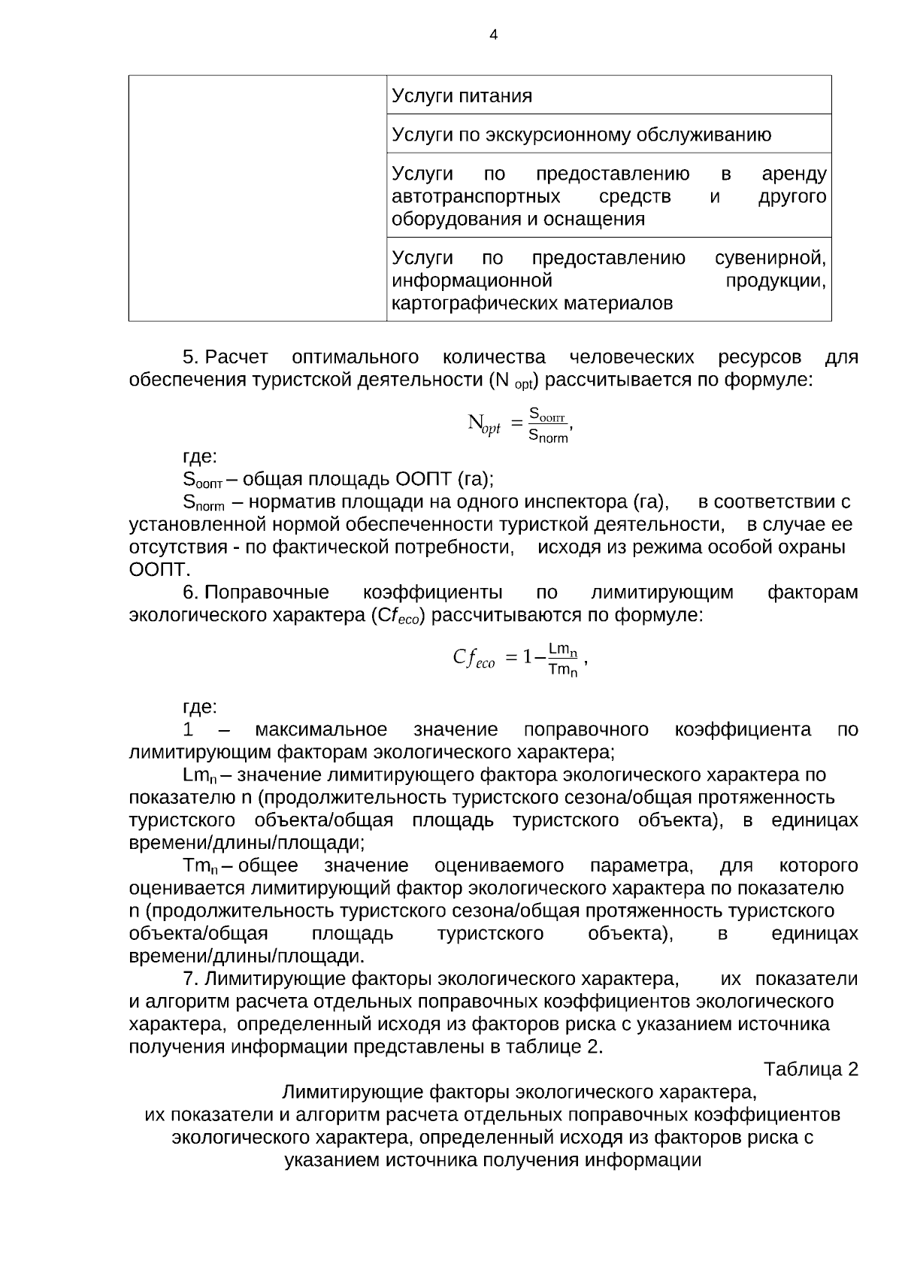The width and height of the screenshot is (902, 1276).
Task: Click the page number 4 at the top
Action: tap(493, 35)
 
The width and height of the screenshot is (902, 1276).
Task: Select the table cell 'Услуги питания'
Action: tap(462, 96)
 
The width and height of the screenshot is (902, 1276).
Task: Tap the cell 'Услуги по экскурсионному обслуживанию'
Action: tap(582, 135)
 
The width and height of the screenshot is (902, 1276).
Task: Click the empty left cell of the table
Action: tap(257, 198)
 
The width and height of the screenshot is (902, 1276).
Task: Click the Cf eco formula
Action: tap(519, 658)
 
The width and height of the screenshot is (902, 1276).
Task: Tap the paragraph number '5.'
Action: tap(191, 356)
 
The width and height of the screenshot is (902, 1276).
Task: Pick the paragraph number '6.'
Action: tap(191, 593)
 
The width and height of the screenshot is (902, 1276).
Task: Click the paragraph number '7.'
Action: tap(191, 979)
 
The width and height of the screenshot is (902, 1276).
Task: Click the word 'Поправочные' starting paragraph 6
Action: tap(267, 593)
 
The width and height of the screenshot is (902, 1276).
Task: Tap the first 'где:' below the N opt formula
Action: tap(200, 456)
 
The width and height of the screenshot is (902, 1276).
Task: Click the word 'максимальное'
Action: tap(321, 729)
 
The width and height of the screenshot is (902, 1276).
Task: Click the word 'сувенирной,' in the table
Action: tap(770, 259)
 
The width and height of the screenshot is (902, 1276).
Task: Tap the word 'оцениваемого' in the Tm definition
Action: tap(499, 865)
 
